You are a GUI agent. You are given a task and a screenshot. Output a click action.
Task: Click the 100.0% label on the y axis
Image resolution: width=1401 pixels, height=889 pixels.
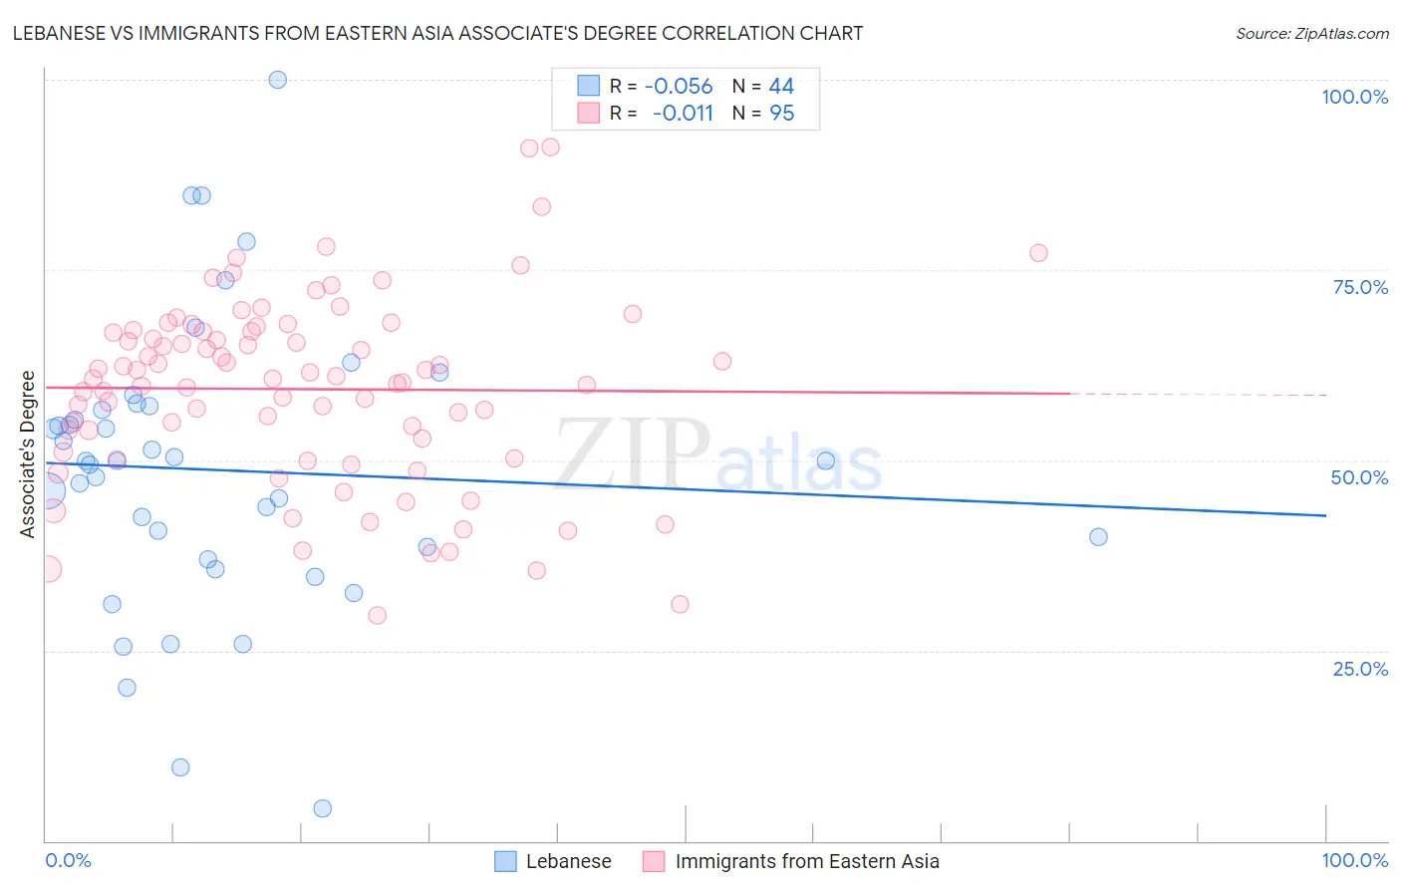tap(1354, 97)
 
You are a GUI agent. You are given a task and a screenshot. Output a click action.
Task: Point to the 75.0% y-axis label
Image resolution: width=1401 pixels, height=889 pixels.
tap(1360, 287)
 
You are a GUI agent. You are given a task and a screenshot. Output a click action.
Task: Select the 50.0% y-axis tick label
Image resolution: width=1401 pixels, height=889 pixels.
tap(1359, 477)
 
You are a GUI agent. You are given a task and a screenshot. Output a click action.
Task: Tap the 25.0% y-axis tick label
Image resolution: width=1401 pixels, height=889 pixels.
tap(1360, 669)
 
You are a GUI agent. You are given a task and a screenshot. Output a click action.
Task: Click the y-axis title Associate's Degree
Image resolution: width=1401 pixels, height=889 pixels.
tap(28, 454)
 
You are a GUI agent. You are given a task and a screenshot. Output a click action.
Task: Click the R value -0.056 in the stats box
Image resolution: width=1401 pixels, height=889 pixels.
tap(679, 87)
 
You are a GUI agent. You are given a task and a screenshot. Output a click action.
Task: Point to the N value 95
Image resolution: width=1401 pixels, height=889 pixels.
tap(781, 114)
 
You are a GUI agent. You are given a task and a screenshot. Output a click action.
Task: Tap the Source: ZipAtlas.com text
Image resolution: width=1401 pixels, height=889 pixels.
tap(1311, 34)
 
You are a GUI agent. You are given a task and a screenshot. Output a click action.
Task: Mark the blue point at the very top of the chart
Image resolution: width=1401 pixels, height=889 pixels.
tap(278, 80)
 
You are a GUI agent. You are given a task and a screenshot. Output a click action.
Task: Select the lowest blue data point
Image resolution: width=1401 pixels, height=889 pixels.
tap(323, 808)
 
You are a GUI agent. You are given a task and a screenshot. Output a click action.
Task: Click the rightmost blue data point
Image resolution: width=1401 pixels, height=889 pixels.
tap(1098, 537)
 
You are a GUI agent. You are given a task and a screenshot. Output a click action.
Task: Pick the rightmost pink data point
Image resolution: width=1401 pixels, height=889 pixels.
tap(1038, 253)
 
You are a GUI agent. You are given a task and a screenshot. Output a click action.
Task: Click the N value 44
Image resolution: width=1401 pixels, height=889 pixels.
tap(781, 87)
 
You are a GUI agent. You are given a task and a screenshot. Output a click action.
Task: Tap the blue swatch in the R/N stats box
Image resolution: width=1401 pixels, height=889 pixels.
tap(589, 87)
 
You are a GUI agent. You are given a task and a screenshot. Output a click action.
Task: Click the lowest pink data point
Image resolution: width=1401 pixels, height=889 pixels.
tap(377, 616)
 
